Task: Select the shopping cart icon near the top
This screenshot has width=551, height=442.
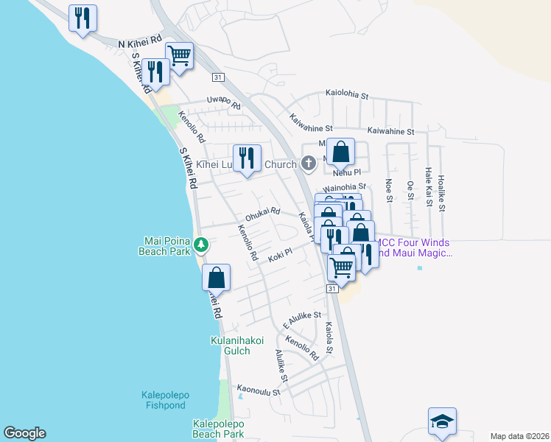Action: pyautogui.click(x=180, y=55)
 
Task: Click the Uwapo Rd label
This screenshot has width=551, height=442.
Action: pyautogui.click(x=224, y=102)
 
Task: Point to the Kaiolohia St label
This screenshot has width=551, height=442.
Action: pyautogui.click(x=357, y=95)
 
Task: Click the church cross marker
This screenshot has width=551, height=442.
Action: pyautogui.click(x=309, y=163)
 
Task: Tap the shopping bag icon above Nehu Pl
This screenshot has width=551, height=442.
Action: pyautogui.click(x=340, y=152)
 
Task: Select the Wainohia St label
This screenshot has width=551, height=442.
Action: pyautogui.click(x=344, y=187)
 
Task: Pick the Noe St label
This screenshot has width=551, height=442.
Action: pyautogui.click(x=388, y=189)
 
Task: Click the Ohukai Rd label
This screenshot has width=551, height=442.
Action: pyautogui.click(x=263, y=214)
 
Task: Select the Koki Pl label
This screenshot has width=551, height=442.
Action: pyautogui.click(x=281, y=255)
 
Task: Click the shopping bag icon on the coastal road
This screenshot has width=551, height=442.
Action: pyautogui.click(x=217, y=278)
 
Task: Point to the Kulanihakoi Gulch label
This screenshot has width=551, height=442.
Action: pyautogui.click(x=230, y=345)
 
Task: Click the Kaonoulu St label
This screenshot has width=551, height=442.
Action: pyautogui.click(x=258, y=390)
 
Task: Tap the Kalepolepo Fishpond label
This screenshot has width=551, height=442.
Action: pyautogui.click(x=165, y=401)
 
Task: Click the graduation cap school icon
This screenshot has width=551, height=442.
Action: pyautogui.click(x=442, y=421)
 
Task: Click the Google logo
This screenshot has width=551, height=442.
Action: pyautogui.click(x=24, y=433)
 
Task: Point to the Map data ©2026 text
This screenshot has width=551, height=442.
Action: pyautogui.click(x=519, y=436)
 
